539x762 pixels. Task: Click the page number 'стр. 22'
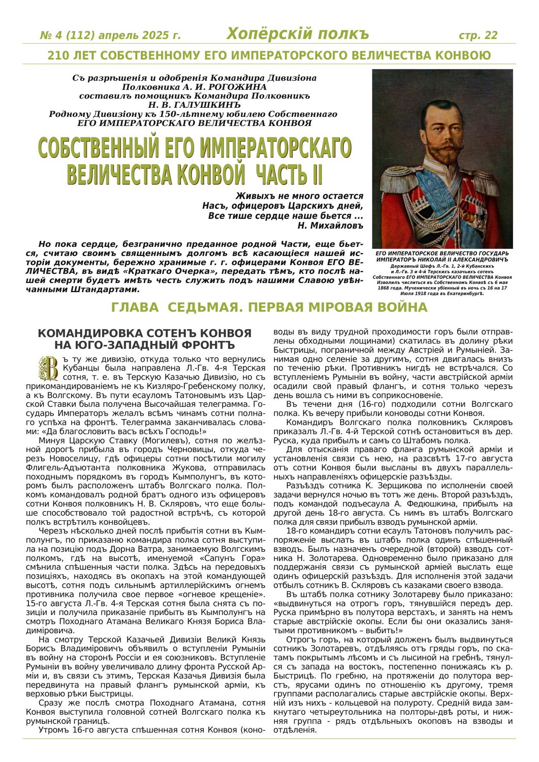(x=478, y=35)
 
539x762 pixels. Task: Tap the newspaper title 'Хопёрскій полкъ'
(x=297, y=34)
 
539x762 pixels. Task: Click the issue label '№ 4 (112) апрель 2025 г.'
(x=110, y=36)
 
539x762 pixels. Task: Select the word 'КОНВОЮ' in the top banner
(x=463, y=55)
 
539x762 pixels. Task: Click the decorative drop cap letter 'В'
(x=49, y=368)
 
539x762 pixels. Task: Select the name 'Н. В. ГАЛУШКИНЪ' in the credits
(x=194, y=105)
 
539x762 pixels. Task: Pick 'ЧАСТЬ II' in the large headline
(x=289, y=174)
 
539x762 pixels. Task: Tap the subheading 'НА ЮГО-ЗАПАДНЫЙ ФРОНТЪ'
(x=144, y=345)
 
